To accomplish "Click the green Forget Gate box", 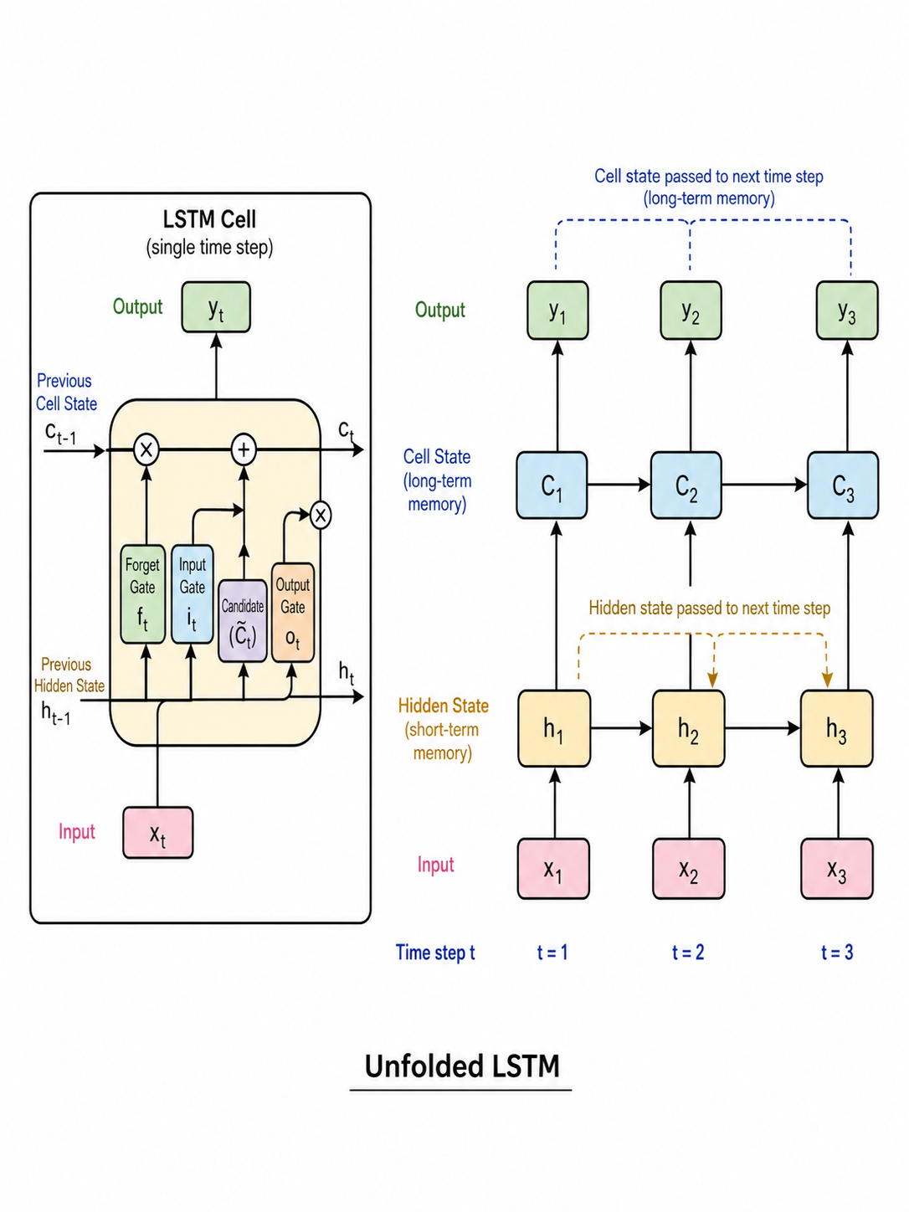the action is (142, 594).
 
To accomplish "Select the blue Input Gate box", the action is (192, 594).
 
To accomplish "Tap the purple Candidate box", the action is (243, 620).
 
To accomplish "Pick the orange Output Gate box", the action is (292, 613).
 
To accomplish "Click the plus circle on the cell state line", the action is (244, 449).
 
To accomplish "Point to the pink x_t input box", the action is (158, 833).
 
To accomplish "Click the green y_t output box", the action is (216, 307).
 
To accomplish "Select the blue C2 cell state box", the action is (686, 485).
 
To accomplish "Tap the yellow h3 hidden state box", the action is (837, 728).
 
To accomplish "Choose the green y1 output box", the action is (557, 311).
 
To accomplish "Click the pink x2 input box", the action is (689, 869).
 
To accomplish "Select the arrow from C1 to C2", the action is (619, 485).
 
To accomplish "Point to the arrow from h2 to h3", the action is (763, 728).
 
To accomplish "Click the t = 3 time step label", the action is (837, 953).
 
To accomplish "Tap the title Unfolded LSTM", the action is (462, 1066).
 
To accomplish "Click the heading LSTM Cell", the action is (209, 219).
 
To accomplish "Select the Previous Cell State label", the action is (66, 392).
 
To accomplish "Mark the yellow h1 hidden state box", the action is (554, 728).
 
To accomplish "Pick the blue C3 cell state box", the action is (843, 485).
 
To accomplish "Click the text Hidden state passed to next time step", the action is (709, 609).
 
